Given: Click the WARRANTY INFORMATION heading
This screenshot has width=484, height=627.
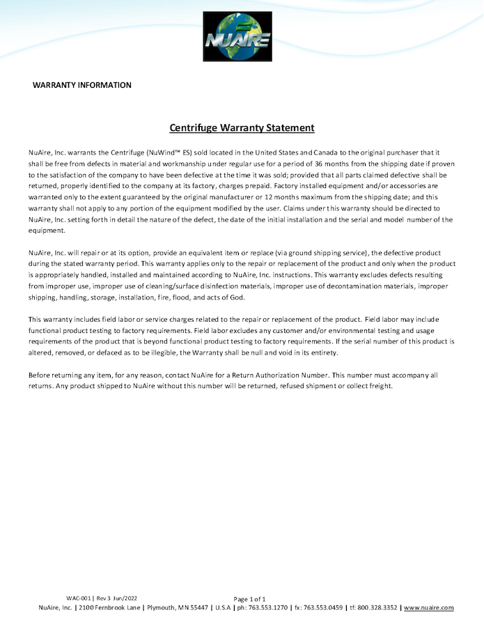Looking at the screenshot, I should pos(82,85).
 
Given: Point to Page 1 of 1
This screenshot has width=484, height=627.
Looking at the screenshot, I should pos(249,599).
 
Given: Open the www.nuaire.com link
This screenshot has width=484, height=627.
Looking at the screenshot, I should pos(428,607).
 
